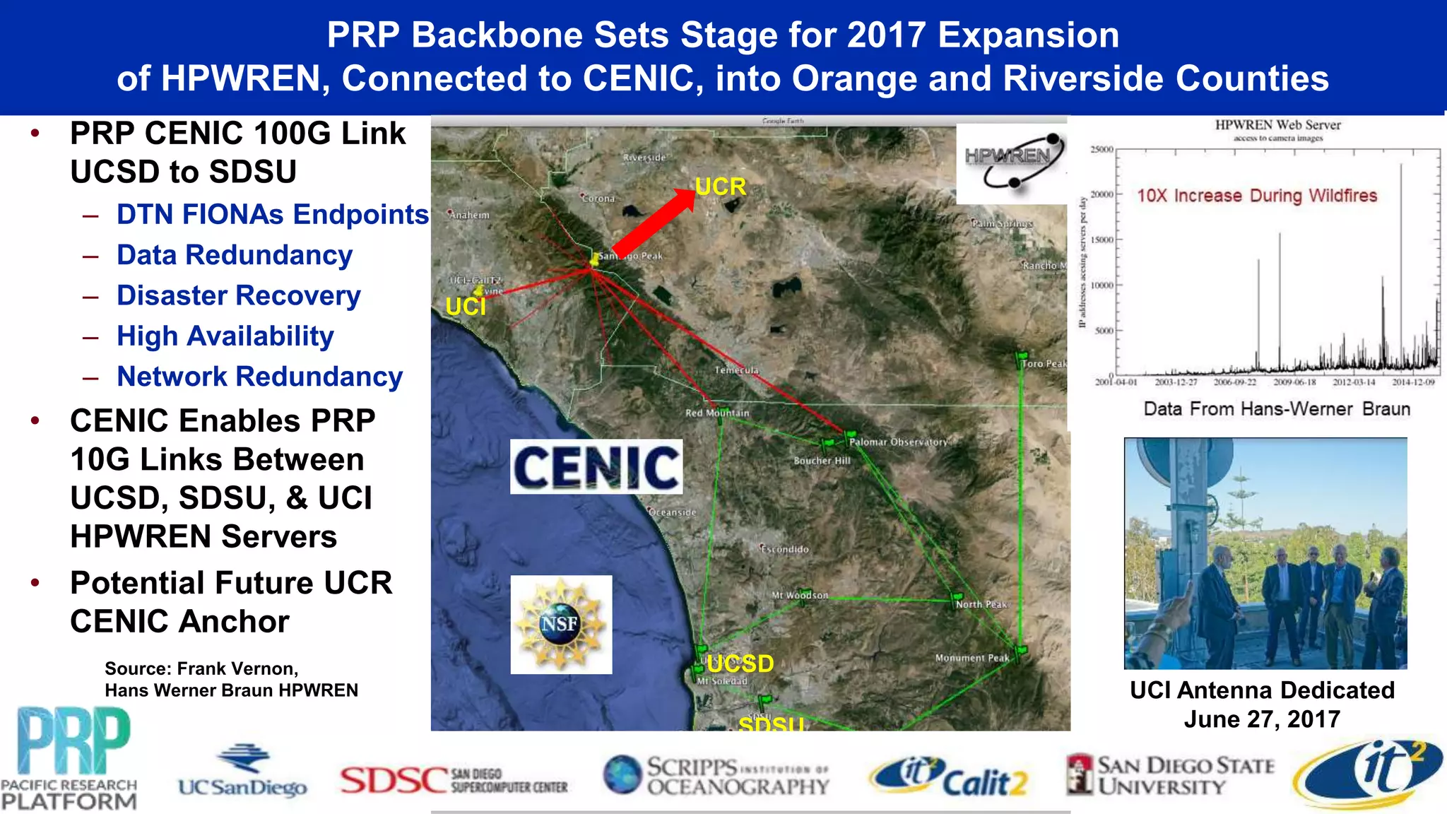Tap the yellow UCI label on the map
point(466,307)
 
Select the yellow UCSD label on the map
point(740,663)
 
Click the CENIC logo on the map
point(596,466)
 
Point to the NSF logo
point(561,624)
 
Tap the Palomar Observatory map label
point(897,442)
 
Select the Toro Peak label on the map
point(1044,364)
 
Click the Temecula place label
point(736,370)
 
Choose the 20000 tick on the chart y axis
point(1102,194)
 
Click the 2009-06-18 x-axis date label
point(1294,382)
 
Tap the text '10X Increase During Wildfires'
point(1257,195)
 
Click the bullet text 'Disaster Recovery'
point(239,295)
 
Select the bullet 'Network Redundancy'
point(259,377)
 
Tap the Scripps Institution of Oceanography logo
point(716,776)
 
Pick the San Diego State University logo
point(1170,776)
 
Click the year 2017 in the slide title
point(886,35)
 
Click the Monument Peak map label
point(972,658)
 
